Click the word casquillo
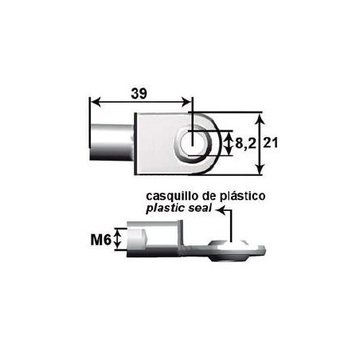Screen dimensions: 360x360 point(170,195)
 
